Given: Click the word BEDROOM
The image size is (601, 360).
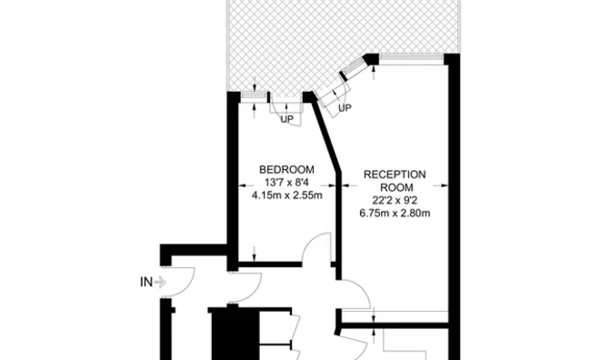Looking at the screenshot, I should pyautogui.click(x=286, y=169).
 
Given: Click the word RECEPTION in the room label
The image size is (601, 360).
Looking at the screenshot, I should pyautogui.click(x=395, y=175).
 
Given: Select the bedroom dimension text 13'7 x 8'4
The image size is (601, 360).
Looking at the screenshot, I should pyautogui.click(x=286, y=181).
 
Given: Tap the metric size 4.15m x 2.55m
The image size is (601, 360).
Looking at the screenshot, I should pyautogui.click(x=286, y=193).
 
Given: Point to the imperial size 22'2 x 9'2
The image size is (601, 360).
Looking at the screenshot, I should pyautogui.click(x=395, y=202).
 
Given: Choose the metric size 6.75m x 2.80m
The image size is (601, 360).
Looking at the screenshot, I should pyautogui.click(x=395, y=214).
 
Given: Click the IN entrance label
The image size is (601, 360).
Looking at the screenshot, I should pyautogui.click(x=145, y=283).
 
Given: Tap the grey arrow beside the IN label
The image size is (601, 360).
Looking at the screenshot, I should pyautogui.click(x=161, y=283).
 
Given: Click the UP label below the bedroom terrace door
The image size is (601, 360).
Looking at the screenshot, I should pyautogui.click(x=286, y=119).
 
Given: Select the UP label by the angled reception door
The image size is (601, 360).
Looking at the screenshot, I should pyautogui.click(x=345, y=109).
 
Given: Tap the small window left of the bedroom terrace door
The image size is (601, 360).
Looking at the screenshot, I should pyautogui.click(x=253, y=94).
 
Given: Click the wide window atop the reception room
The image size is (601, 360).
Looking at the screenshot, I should pyautogui.click(x=411, y=58).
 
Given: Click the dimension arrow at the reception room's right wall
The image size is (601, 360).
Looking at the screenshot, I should pyautogui.click(x=444, y=188).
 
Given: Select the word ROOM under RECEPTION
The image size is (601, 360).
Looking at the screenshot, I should pyautogui.click(x=395, y=188).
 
